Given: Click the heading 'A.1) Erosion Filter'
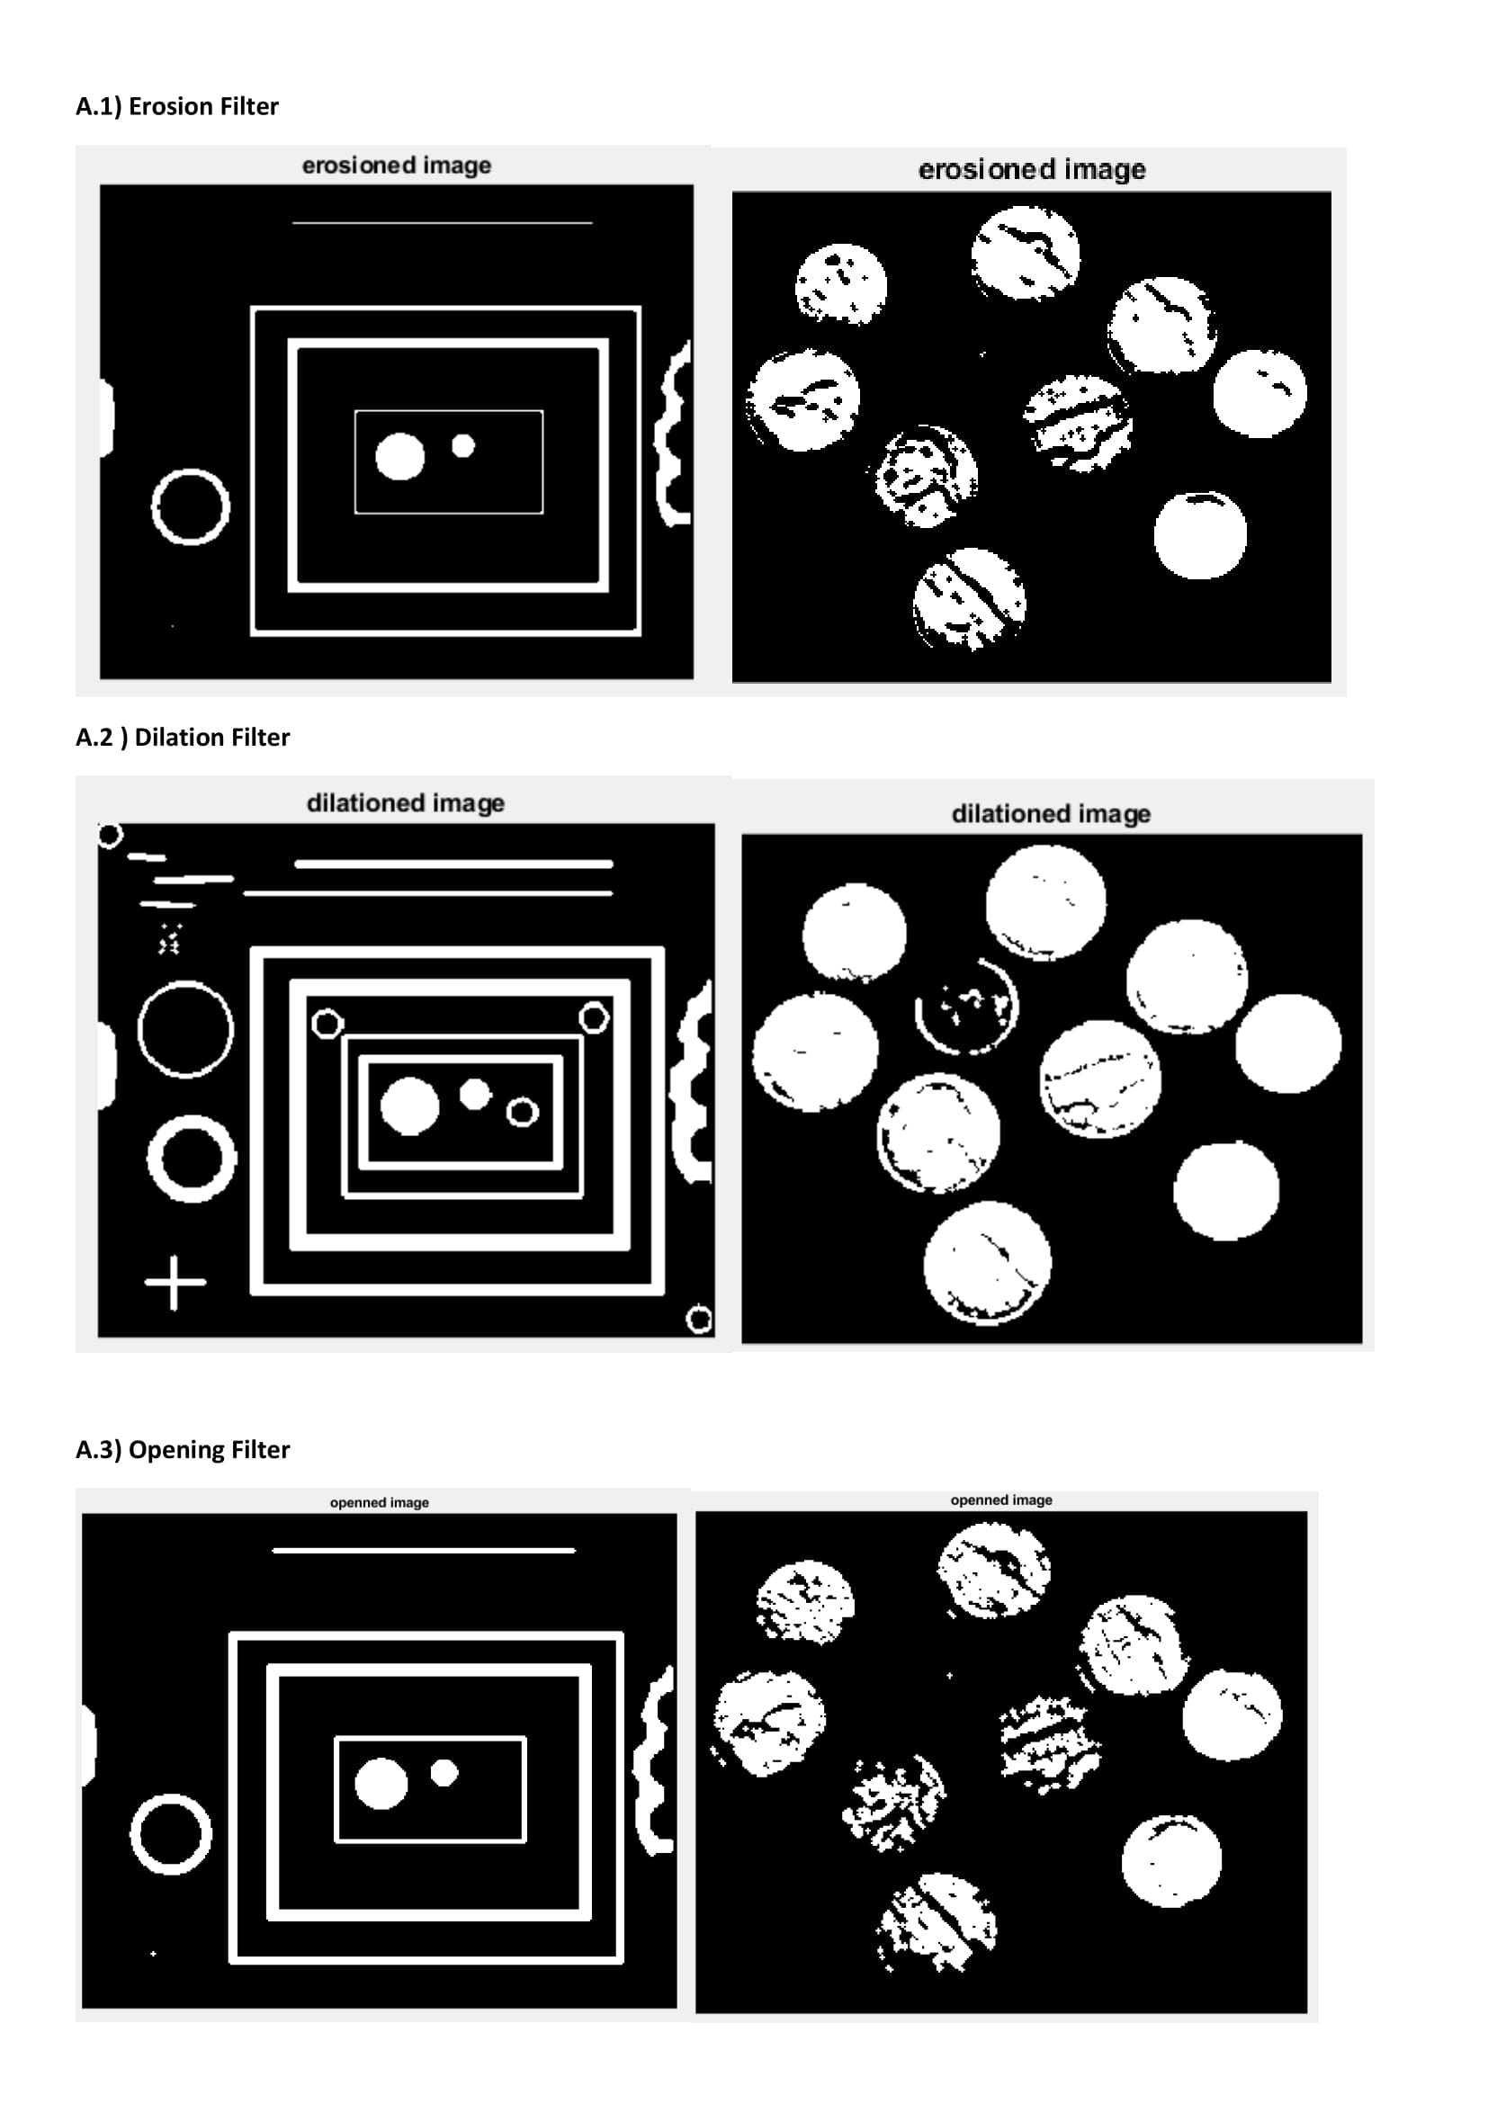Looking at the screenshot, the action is click(177, 106).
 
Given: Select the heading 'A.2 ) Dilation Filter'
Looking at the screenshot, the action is click(183, 737).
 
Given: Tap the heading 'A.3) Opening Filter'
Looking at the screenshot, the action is click(183, 1449).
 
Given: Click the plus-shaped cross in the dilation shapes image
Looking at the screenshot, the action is click(175, 1282).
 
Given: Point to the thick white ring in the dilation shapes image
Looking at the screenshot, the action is click(152, 1159).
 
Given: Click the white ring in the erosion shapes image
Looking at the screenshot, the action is click(157, 507).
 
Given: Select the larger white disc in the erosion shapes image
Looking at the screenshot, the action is click(400, 456).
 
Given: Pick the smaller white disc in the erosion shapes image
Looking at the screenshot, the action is click(463, 445).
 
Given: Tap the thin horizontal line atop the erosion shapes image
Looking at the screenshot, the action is click(442, 223).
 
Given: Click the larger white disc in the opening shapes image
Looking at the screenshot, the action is click(381, 1783).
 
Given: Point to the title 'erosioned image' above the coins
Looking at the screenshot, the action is click(1032, 169).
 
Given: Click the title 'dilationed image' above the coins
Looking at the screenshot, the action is click(1051, 814).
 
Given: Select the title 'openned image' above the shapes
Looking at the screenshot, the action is click(380, 1502).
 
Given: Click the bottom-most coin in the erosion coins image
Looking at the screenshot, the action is click(969, 599).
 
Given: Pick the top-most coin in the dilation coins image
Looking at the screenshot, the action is click(1045, 902).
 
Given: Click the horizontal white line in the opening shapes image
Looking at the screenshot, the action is click(425, 1551).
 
